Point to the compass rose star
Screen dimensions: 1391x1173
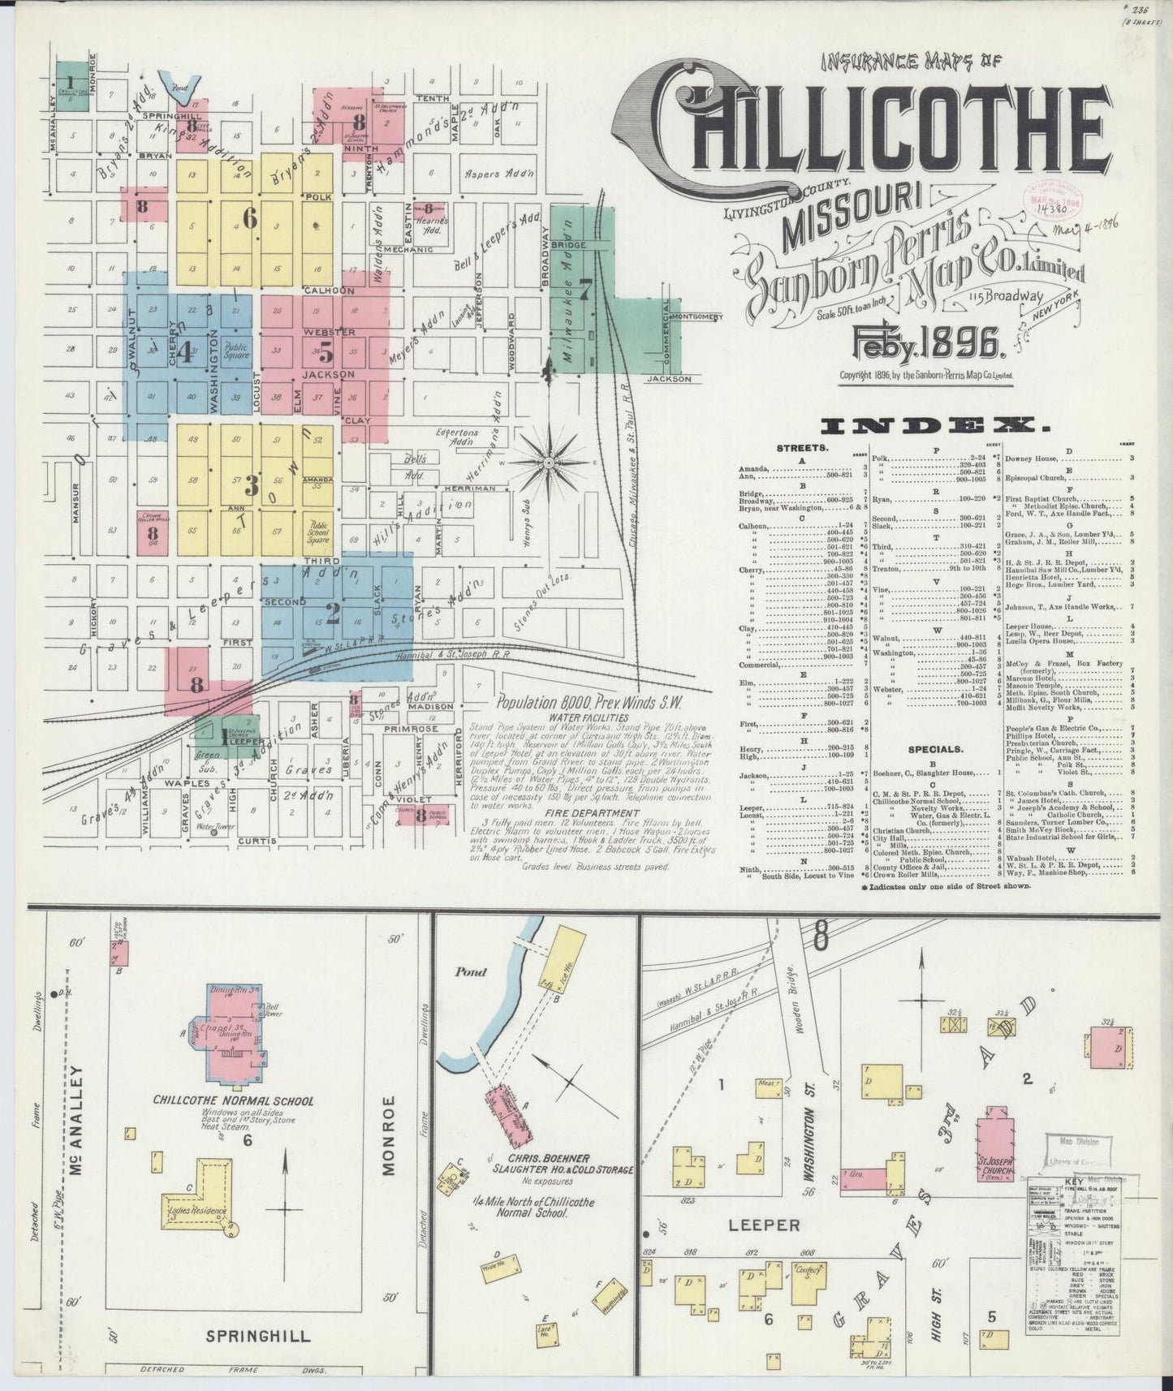coord(549,463)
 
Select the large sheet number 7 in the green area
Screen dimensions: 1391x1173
coord(586,286)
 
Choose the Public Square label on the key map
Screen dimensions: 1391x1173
coord(236,352)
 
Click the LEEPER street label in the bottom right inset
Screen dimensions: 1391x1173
coord(764,1225)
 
